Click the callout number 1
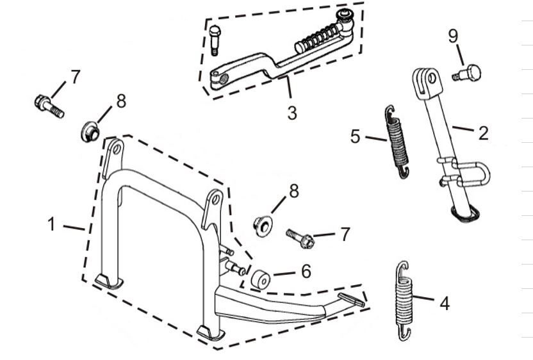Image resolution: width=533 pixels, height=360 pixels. click(x=52, y=225)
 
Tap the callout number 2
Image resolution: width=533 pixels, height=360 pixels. click(x=483, y=133)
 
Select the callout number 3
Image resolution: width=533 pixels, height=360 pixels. click(x=292, y=113)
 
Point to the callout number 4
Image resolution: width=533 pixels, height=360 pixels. click(x=444, y=302)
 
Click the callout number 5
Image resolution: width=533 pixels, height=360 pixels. click(x=356, y=136)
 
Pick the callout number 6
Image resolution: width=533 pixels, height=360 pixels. click(x=306, y=271)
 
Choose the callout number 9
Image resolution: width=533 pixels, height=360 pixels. click(x=453, y=36)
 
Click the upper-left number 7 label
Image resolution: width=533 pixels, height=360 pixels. click(x=76, y=78)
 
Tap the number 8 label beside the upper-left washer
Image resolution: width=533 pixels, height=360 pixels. click(x=120, y=101)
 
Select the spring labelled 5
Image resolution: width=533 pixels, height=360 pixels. click(x=398, y=142)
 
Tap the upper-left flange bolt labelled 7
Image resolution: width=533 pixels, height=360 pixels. click(x=49, y=106)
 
